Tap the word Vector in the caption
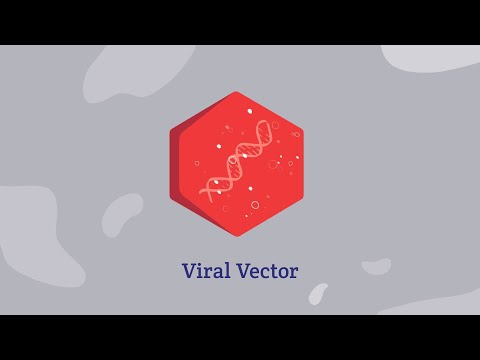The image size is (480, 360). pos(264,271)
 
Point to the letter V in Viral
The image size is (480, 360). pos(189,271)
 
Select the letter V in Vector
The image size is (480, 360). pos(239,271)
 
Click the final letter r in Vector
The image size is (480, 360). pos(293,273)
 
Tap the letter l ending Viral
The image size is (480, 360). pos(224,270)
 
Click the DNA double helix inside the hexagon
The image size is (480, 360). pos(240,160)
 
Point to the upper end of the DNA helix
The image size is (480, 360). pos(273,124)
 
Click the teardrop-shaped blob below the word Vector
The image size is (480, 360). pos(318,293)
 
